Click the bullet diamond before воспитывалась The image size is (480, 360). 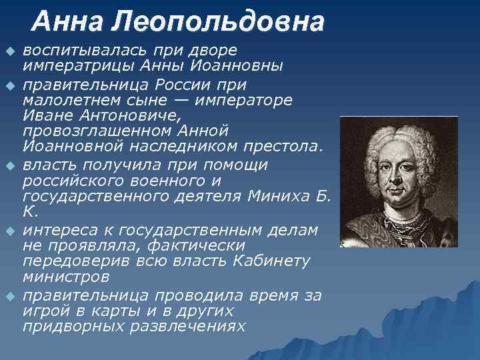click(9, 52)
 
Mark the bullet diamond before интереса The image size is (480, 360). click(9, 231)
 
